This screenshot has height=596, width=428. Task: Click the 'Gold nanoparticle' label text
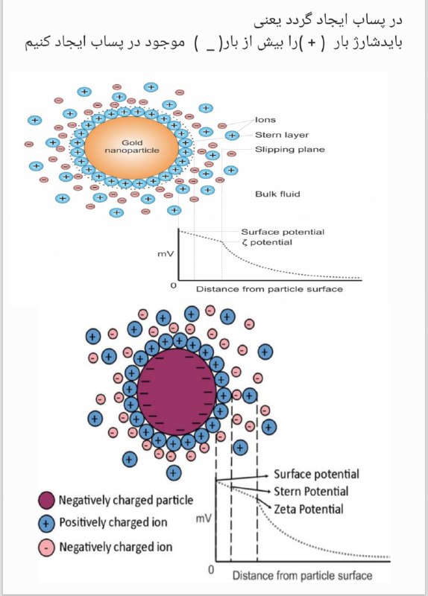(x=132, y=146)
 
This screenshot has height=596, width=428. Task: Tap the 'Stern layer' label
(x=282, y=135)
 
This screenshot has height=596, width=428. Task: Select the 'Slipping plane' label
(x=290, y=150)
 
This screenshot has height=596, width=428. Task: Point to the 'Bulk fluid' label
(x=277, y=194)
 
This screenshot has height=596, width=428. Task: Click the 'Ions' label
(x=265, y=120)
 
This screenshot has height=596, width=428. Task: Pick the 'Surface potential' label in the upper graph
(x=283, y=232)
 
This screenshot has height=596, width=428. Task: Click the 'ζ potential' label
(x=267, y=243)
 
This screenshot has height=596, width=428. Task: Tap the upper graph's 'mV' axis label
(x=166, y=253)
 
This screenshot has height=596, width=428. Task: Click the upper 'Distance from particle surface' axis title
(x=269, y=289)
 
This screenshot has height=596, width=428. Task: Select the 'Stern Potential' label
(x=311, y=491)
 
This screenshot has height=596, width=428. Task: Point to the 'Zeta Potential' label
(x=309, y=509)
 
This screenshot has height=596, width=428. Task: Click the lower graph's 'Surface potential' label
(x=317, y=474)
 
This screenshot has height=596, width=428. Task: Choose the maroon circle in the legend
(x=46, y=500)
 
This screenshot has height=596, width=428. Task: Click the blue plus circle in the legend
(x=46, y=524)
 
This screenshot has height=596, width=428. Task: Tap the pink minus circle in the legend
(x=46, y=548)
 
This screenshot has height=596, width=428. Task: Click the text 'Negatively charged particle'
(x=126, y=500)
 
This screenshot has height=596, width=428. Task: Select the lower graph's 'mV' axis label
(x=204, y=519)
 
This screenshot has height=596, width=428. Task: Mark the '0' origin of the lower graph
(x=211, y=569)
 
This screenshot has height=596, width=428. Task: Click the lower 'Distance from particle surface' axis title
(x=303, y=575)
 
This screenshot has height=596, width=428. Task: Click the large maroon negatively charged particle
(x=177, y=392)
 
